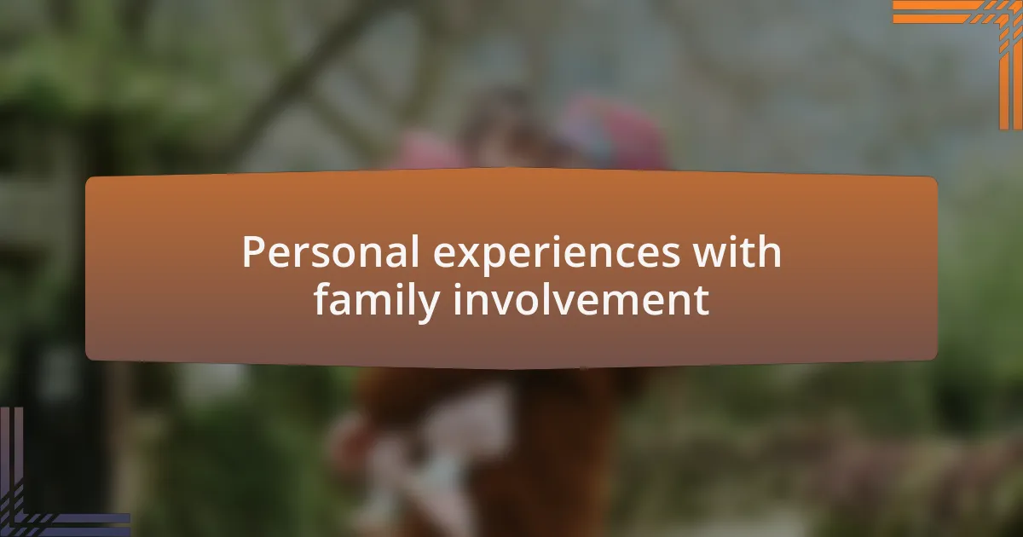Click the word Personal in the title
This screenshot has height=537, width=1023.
coord(331,251)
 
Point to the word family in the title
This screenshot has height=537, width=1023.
coord(377,300)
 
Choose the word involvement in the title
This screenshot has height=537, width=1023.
coord(581,299)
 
